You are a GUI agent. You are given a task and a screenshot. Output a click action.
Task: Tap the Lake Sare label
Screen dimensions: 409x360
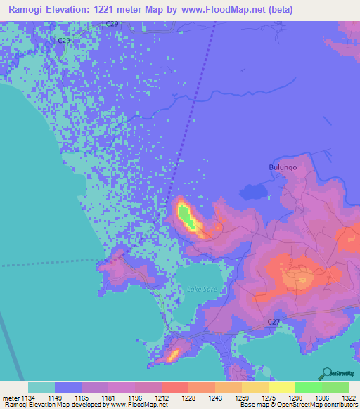pos(202,289)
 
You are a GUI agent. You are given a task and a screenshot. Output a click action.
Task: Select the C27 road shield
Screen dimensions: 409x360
pos(276,321)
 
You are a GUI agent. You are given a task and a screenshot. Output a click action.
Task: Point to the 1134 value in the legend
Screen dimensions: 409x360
pos(28,398)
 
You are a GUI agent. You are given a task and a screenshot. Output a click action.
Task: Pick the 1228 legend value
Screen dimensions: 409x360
pos(188,398)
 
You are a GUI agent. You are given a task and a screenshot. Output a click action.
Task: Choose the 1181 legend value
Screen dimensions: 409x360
pos(108,398)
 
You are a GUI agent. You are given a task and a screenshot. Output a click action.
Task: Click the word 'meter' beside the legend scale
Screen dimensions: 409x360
pos(11,398)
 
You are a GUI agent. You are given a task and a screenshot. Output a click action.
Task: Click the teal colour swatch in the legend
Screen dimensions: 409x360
pos(41,387)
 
